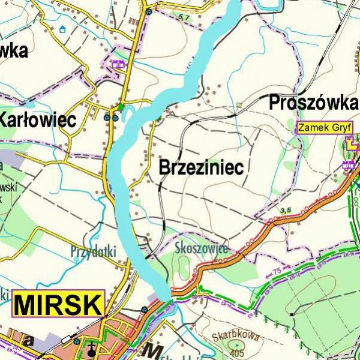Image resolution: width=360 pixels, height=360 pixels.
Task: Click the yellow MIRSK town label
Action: [58, 304]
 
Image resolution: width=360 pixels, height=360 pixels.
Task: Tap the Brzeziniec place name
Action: [201, 167]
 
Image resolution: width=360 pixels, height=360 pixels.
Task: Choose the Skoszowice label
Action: [200, 248]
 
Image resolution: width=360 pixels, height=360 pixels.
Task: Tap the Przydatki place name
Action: [93, 251]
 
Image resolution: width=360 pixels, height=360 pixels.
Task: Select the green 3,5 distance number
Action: [286, 209]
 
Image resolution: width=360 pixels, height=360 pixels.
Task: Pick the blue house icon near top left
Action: [62, 28]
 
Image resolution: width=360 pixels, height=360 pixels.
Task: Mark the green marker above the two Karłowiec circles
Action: [121, 107]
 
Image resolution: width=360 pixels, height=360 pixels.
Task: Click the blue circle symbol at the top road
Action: [148, 10]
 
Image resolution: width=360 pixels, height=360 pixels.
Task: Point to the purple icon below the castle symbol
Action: [347, 165]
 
